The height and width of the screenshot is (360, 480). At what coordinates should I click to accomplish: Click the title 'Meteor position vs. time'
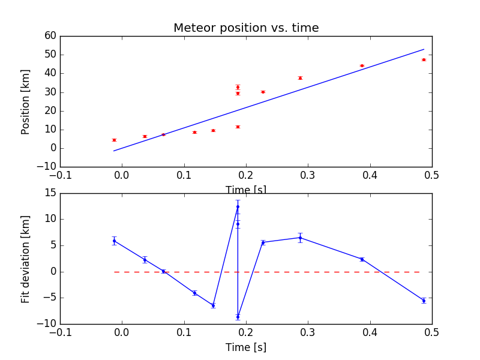246,28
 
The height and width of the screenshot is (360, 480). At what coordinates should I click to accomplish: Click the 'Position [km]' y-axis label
26,101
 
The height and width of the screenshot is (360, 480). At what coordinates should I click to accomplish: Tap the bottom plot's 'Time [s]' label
246,347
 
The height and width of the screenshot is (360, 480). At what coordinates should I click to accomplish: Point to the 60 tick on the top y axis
50,36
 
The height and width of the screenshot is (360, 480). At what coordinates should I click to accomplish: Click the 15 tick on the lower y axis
50,194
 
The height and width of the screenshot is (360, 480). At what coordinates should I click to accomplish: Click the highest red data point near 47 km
424,60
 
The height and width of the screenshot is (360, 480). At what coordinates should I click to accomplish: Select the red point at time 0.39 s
362,66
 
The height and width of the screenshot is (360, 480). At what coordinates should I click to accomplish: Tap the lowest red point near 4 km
114,140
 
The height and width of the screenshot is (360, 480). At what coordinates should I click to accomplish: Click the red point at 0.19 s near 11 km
238,127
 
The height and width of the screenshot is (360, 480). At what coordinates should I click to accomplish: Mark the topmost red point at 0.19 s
238,87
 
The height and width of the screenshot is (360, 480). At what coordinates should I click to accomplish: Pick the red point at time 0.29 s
300,78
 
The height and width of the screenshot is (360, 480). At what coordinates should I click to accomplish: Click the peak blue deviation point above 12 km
238,206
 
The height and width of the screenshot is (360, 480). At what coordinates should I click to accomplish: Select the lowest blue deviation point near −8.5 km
238,317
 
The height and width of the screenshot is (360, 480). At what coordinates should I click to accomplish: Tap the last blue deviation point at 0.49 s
424,301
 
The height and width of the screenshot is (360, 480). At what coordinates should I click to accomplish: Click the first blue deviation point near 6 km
114,241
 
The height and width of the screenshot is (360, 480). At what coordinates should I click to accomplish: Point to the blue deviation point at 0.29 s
300,238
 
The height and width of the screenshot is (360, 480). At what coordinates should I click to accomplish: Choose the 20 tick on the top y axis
50,111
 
